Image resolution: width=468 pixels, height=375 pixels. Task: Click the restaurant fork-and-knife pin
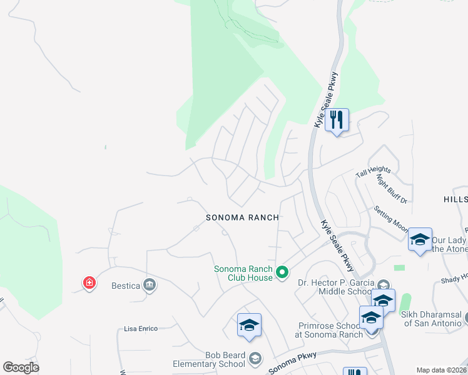tap(337, 119)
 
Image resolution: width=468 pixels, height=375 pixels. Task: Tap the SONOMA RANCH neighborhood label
tap(243, 217)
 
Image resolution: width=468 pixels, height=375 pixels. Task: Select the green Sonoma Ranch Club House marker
tap(282, 272)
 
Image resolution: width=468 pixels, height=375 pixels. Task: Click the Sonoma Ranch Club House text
tap(243, 273)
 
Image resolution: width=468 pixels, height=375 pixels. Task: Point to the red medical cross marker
tap(89, 283)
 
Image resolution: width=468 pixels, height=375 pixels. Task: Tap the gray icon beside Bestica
tap(150, 285)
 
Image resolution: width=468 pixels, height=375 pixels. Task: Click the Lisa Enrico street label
tap(141, 328)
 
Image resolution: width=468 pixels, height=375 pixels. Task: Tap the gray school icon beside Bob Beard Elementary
tap(255, 358)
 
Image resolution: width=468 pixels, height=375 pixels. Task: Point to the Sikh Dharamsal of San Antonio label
tap(432, 319)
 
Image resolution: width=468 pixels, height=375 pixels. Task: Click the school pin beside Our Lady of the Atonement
tap(420, 240)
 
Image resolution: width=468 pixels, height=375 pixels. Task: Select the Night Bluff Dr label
tap(392, 188)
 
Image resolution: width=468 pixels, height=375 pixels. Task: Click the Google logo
tap(21, 367)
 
